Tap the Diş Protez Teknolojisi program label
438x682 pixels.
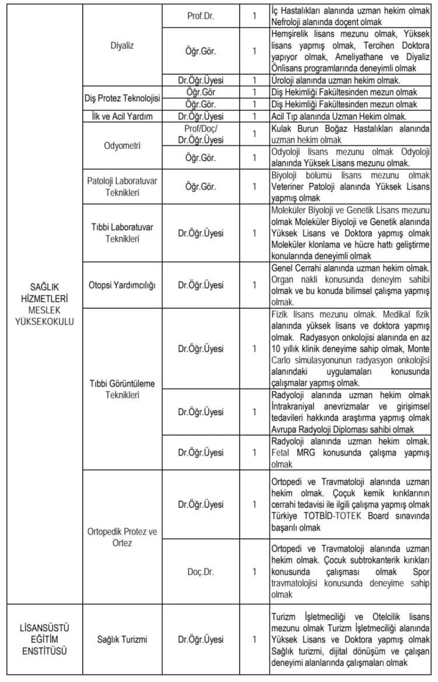(x=123, y=99)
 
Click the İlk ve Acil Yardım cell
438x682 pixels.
(x=123, y=117)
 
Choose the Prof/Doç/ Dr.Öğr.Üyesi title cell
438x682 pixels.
(x=200, y=134)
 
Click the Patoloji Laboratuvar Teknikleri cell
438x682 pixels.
(x=123, y=186)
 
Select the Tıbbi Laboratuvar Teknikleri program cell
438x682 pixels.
(x=123, y=232)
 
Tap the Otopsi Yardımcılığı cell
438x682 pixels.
(x=123, y=285)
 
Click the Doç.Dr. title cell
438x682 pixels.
(x=200, y=572)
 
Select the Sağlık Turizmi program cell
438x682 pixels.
(x=123, y=639)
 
